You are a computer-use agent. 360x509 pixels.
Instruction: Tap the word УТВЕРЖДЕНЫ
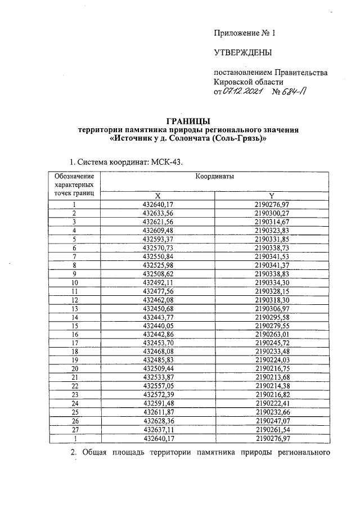coord(243,53)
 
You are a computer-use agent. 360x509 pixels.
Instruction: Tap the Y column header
coord(271,195)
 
